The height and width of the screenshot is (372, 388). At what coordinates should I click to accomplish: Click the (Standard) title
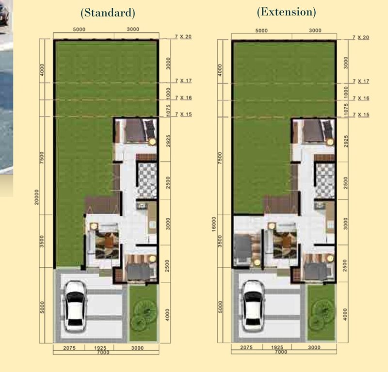click(108, 13)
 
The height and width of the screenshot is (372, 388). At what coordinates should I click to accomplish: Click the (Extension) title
click(286, 12)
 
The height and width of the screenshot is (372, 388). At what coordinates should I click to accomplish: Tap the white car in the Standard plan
click(75, 306)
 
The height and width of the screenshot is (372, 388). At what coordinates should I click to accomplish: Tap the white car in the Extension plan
click(253, 306)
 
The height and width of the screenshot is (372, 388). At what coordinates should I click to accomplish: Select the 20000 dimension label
click(37, 197)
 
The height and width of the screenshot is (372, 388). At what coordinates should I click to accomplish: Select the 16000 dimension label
click(214, 224)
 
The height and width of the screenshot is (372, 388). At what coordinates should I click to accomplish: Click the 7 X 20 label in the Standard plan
click(183, 37)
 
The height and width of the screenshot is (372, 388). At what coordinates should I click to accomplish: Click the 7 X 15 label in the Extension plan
click(361, 114)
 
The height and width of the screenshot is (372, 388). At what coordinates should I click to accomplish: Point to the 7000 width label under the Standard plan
click(103, 353)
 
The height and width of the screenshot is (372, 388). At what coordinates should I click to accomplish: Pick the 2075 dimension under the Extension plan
click(246, 347)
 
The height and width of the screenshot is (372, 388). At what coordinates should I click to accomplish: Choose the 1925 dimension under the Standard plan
click(100, 348)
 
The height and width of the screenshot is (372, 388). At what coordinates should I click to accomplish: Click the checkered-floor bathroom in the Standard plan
click(147, 180)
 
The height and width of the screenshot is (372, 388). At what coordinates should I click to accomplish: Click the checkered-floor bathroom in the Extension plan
click(325, 180)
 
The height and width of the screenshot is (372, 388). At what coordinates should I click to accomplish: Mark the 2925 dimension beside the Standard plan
click(168, 141)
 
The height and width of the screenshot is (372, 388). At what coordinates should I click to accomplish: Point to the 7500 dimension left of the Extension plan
click(220, 158)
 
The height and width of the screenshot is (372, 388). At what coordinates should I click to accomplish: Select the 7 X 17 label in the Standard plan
click(183, 81)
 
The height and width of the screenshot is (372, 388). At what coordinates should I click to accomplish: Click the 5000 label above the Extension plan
click(261, 31)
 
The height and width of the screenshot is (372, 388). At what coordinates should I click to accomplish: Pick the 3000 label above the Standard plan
click(133, 29)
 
